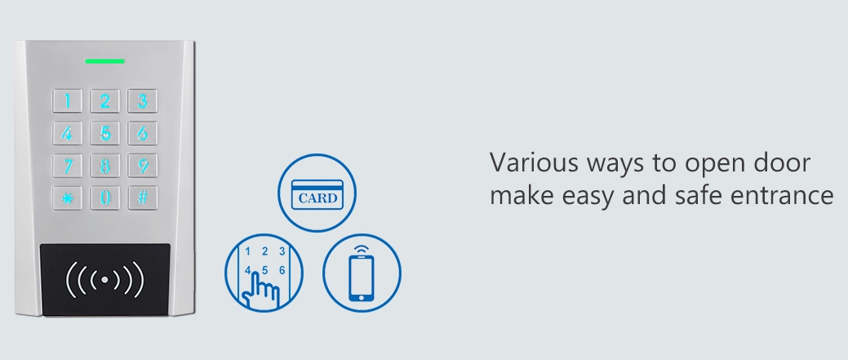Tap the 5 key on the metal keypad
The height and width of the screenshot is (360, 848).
pos(105,133)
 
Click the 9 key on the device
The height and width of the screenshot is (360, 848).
pos(143,166)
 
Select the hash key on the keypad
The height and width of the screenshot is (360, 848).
pos(143,198)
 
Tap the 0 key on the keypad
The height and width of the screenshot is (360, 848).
pos(105,198)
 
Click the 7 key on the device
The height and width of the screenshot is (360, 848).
pos(67,166)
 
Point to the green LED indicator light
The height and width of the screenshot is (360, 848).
pos(105,61)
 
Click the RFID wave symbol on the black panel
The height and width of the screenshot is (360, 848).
pos(105,279)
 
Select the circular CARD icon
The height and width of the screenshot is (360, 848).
pos(317,193)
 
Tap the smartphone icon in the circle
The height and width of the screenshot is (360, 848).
pos(362,273)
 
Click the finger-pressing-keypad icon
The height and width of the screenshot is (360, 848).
pos(264,273)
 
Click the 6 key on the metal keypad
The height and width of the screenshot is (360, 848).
pos(143,133)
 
